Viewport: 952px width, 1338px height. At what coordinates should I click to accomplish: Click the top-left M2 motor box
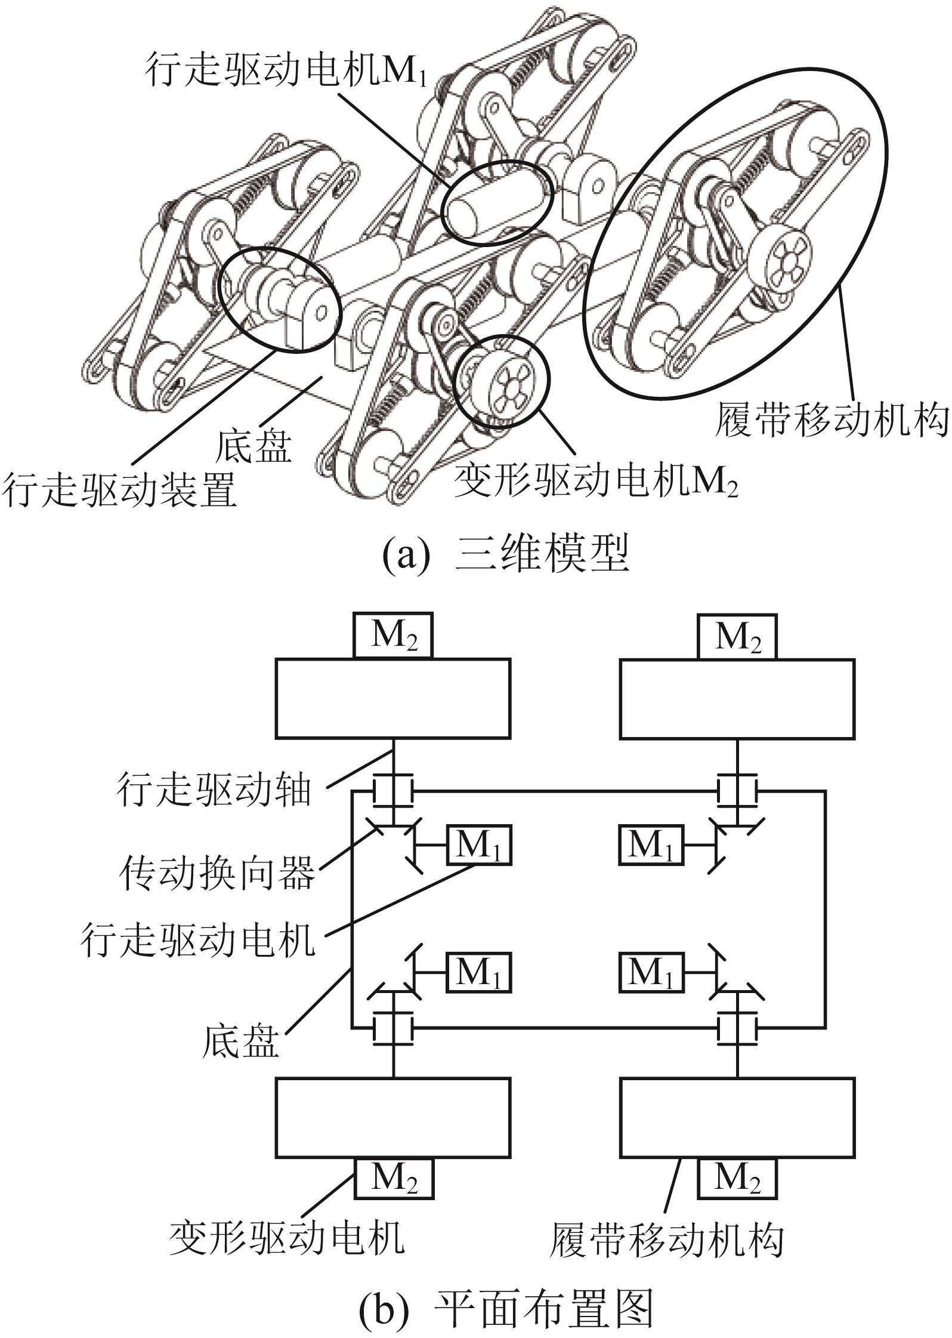393,636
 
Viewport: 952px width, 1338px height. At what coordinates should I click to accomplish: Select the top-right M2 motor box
738,636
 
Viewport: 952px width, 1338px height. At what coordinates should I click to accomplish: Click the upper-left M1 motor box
478,844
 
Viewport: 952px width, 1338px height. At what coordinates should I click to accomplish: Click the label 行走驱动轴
214,789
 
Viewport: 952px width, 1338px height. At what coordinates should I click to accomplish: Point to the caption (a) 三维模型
506,555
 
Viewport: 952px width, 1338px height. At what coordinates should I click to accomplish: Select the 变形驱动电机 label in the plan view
287,1236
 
